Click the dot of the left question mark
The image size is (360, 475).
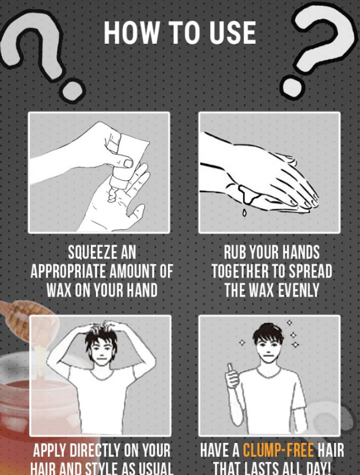pyautogui.click(x=71, y=89)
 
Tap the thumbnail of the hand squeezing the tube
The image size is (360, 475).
pyautogui.click(x=128, y=164)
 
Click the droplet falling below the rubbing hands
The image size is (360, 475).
pyautogui.click(x=244, y=213)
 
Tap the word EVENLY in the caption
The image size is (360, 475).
pyautogui.click(x=299, y=290)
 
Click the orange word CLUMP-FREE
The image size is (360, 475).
pyautogui.click(x=279, y=450)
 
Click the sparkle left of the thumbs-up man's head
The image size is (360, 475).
pyautogui.click(x=242, y=342)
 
